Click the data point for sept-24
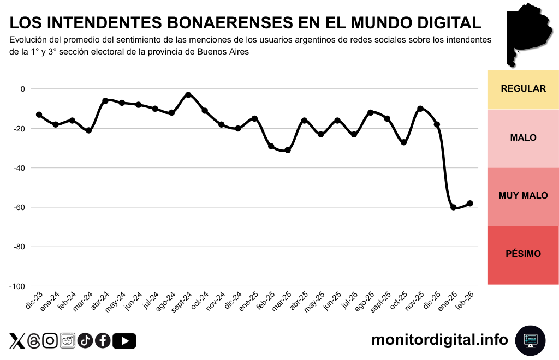[x=188, y=95]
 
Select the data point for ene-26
[x=454, y=207]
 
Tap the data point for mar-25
[x=288, y=150]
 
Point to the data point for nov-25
[x=420, y=109]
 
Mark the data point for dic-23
[x=39, y=115]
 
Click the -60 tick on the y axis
[x=20, y=207]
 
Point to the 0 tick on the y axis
[x=23, y=89]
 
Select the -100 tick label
[x=18, y=286]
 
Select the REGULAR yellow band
[x=523, y=89]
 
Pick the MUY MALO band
[x=523, y=196]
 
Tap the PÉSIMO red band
[x=523, y=254]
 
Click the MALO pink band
[x=523, y=138]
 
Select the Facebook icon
[x=103, y=341]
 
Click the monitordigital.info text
[x=439, y=340]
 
